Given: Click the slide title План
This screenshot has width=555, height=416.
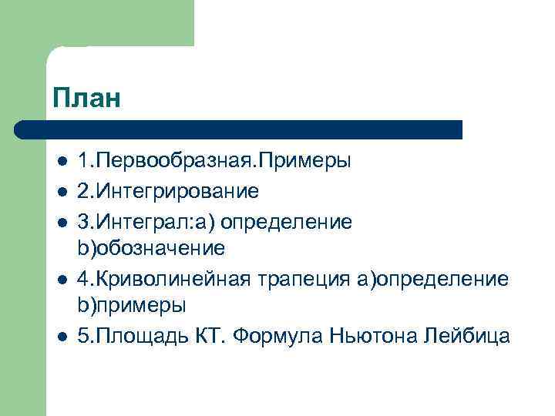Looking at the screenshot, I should [x=88, y=99].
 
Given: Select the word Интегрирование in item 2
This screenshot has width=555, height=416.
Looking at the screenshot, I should [x=175, y=191].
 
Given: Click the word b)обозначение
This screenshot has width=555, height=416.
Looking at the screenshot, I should [x=151, y=248].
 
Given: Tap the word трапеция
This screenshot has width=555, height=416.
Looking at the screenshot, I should [x=306, y=278].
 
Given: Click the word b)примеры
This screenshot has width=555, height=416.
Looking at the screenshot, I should [x=132, y=306].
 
